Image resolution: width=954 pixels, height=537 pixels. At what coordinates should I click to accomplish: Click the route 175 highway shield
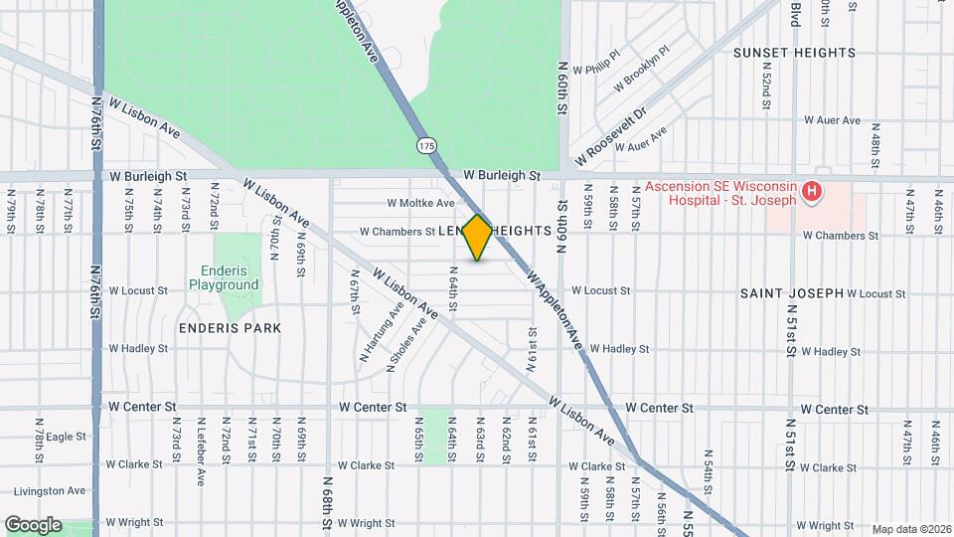tap(426, 146)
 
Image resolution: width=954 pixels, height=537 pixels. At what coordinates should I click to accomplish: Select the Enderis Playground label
tap(224, 278)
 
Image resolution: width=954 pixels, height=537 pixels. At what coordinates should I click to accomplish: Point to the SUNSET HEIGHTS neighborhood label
tap(794, 53)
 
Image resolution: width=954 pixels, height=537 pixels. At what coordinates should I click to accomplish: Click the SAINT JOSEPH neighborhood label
tap(791, 293)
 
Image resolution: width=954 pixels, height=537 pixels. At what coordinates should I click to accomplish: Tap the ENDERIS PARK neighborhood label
tap(230, 327)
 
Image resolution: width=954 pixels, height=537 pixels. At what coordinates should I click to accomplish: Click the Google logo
tap(33, 524)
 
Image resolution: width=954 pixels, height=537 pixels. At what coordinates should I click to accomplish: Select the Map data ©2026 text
tap(911, 529)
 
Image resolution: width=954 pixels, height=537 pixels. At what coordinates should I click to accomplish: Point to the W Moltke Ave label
tap(420, 203)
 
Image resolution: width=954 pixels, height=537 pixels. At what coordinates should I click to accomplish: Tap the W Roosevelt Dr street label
tap(610, 137)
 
